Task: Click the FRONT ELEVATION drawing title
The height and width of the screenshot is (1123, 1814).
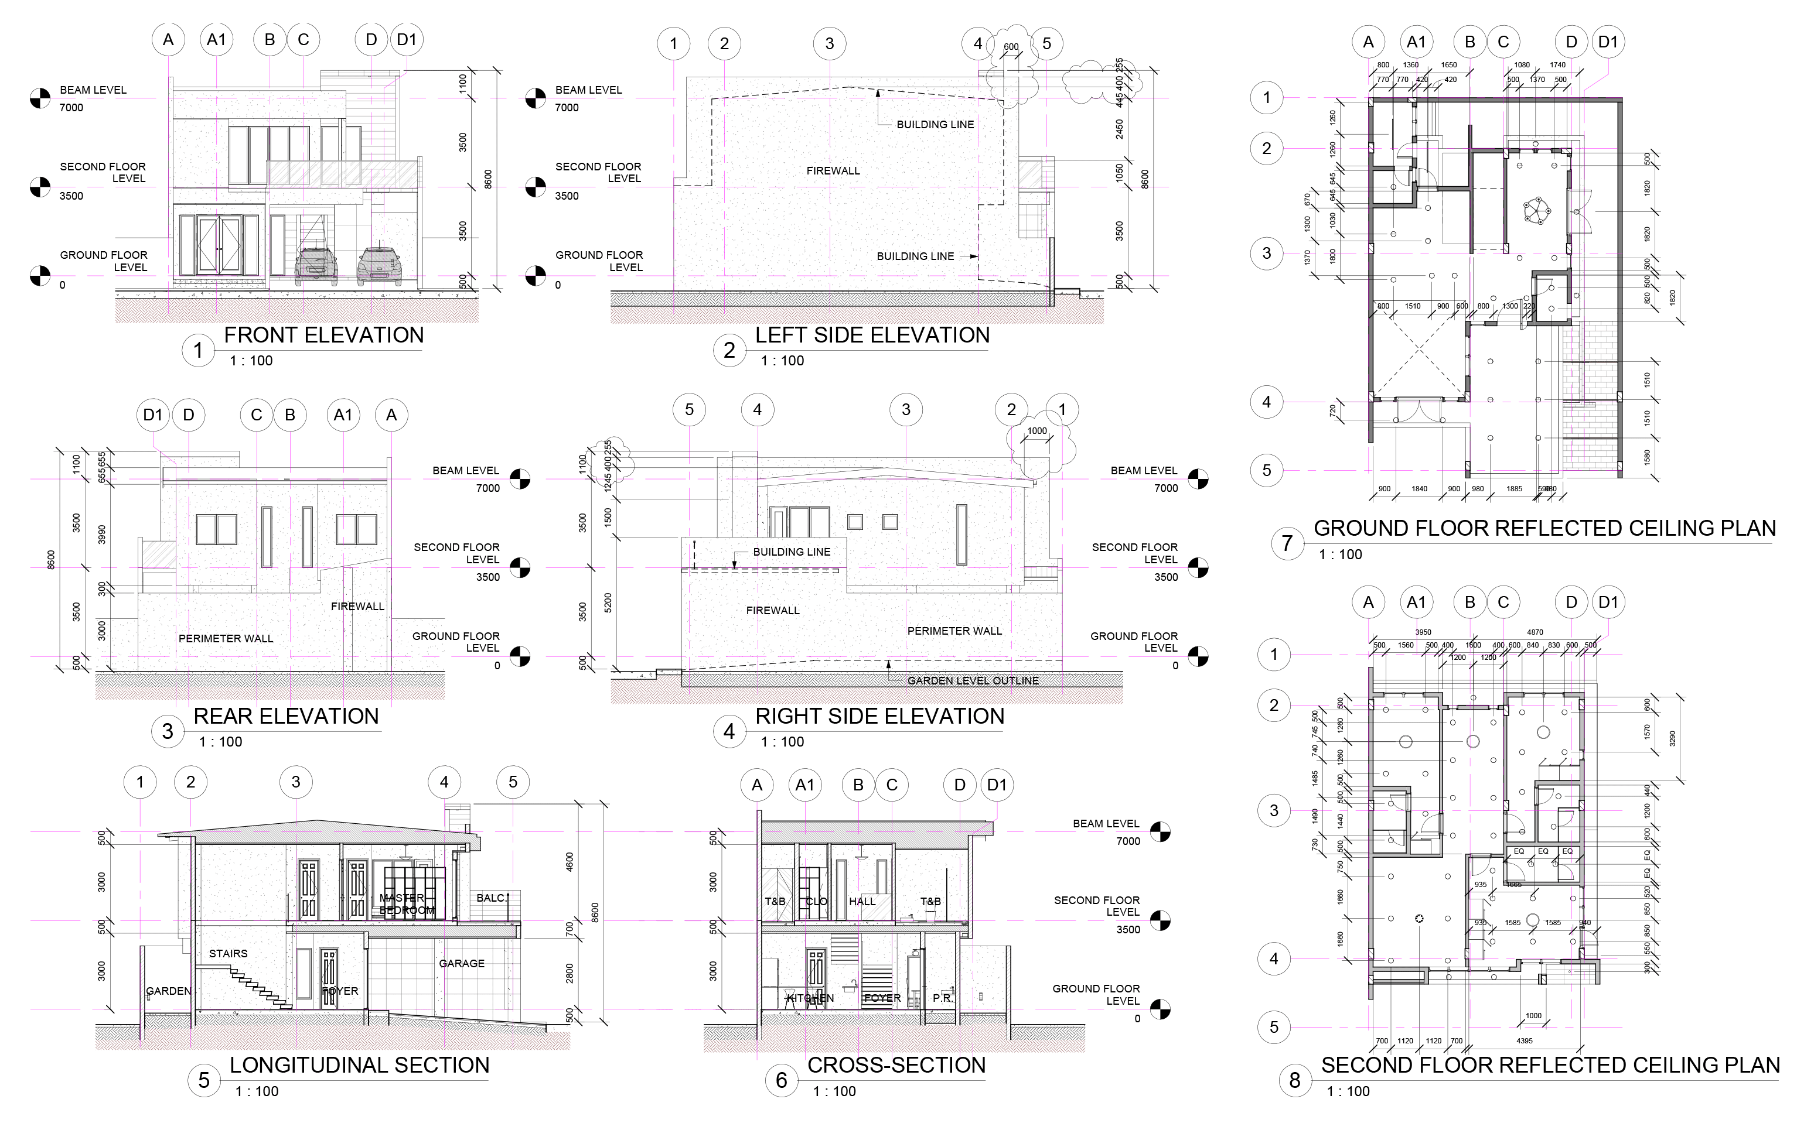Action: click(323, 335)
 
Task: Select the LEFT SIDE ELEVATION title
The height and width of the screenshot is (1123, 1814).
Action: click(872, 335)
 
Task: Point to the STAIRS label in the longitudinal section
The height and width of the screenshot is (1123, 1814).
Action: click(228, 954)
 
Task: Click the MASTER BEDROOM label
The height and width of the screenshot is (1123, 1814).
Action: click(406, 904)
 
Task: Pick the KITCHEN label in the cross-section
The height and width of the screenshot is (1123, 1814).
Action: click(810, 998)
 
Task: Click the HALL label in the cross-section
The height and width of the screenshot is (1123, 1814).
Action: click(862, 901)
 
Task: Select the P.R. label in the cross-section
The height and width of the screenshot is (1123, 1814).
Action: click(942, 998)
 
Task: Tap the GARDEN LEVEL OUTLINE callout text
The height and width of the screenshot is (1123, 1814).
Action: click(972, 680)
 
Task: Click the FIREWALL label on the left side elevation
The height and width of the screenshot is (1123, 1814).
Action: click(833, 171)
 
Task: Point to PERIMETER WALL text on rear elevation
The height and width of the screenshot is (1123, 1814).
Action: click(226, 639)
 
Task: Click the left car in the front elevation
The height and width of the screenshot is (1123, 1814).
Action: click(316, 266)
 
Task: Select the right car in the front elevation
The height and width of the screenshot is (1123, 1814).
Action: click(379, 266)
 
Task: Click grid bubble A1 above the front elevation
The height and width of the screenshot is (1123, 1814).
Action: click(216, 39)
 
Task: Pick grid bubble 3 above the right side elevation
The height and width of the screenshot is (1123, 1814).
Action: click(906, 409)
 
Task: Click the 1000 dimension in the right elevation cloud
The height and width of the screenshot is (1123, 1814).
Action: click(1036, 431)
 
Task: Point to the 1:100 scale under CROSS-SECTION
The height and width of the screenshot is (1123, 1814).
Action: click(834, 1091)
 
